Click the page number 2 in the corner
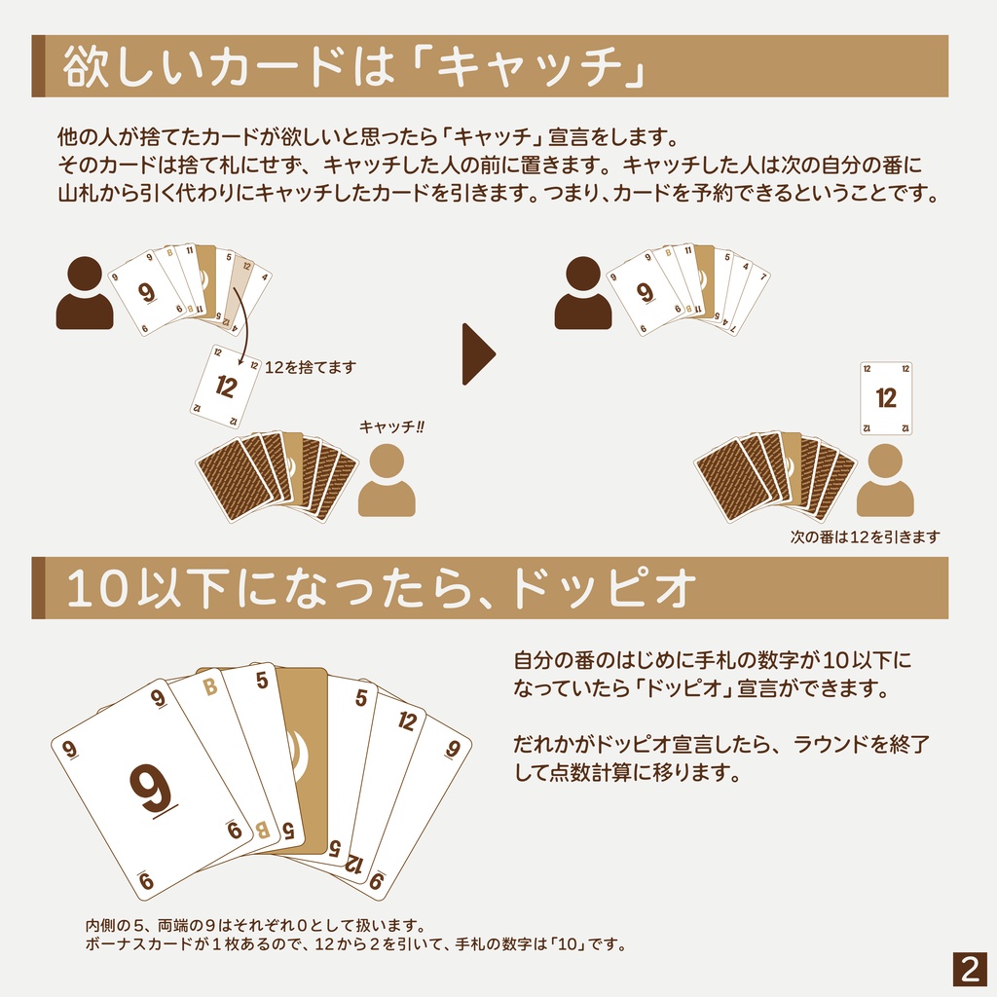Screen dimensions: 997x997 coord(969,969)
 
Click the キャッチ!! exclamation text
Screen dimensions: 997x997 coord(392,425)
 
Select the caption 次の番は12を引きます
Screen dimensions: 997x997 coord(865,536)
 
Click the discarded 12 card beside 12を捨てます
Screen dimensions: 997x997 coord(226,387)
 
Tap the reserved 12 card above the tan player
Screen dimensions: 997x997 coord(886,397)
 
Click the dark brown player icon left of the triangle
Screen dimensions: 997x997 coord(85,293)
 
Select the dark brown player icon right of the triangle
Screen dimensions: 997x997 coord(583,293)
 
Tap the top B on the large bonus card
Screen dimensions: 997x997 coord(208,687)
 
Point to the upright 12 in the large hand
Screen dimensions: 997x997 coord(408,721)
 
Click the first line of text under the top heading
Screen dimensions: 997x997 coord(367,134)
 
